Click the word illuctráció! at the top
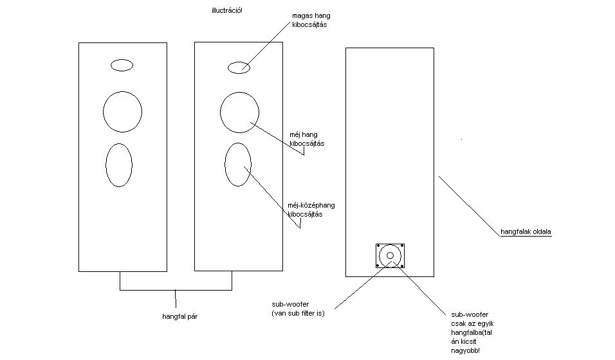[227, 11]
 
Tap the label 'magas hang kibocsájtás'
[311, 20]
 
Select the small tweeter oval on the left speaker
[122, 65]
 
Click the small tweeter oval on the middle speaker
[239, 67]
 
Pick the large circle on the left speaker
[122, 111]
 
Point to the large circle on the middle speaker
[239, 112]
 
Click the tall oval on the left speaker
[119, 165]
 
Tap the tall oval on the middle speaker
[237, 164]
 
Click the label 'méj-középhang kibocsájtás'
[311, 210]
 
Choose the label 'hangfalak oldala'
[526, 231]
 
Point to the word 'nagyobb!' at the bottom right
[466, 351]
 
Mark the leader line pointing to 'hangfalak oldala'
[470, 204]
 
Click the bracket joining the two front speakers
[176, 290]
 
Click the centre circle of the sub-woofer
[390, 255]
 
